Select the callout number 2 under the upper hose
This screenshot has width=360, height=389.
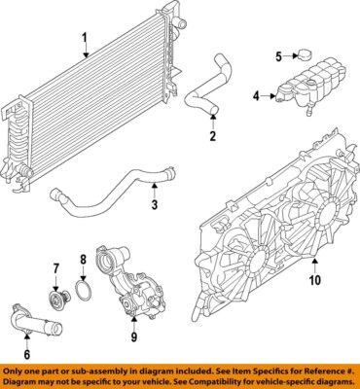(211, 136)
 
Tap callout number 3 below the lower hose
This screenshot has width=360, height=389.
(154, 204)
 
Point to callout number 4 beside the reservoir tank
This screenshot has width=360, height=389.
(257, 95)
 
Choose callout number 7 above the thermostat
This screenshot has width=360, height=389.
(55, 267)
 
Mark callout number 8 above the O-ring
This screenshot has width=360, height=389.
(84, 260)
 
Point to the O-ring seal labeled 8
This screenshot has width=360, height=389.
(85, 290)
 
